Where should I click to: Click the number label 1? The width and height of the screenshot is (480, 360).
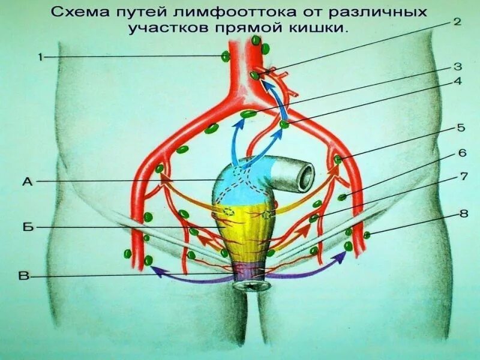[x=41, y=57]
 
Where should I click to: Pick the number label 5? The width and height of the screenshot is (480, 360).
[x=461, y=128]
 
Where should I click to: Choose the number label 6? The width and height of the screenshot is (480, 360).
[x=462, y=152]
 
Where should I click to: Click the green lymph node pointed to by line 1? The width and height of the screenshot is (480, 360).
[x=226, y=57]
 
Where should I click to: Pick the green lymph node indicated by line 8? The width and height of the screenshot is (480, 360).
[x=367, y=235]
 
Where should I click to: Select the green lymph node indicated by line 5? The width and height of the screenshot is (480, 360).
[x=338, y=160]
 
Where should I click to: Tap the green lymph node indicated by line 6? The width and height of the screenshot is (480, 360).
[x=341, y=197]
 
